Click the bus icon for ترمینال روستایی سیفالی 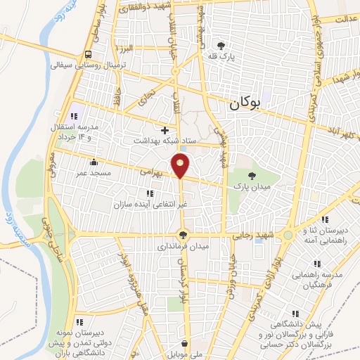pos(87,54)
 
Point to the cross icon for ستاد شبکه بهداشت pos(165,130)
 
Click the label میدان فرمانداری pos(181,247)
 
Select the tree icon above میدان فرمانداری pos(183,236)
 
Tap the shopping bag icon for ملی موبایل pos(184,345)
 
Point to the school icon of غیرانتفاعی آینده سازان pos(149,193)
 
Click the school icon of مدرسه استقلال pos(73,115)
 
